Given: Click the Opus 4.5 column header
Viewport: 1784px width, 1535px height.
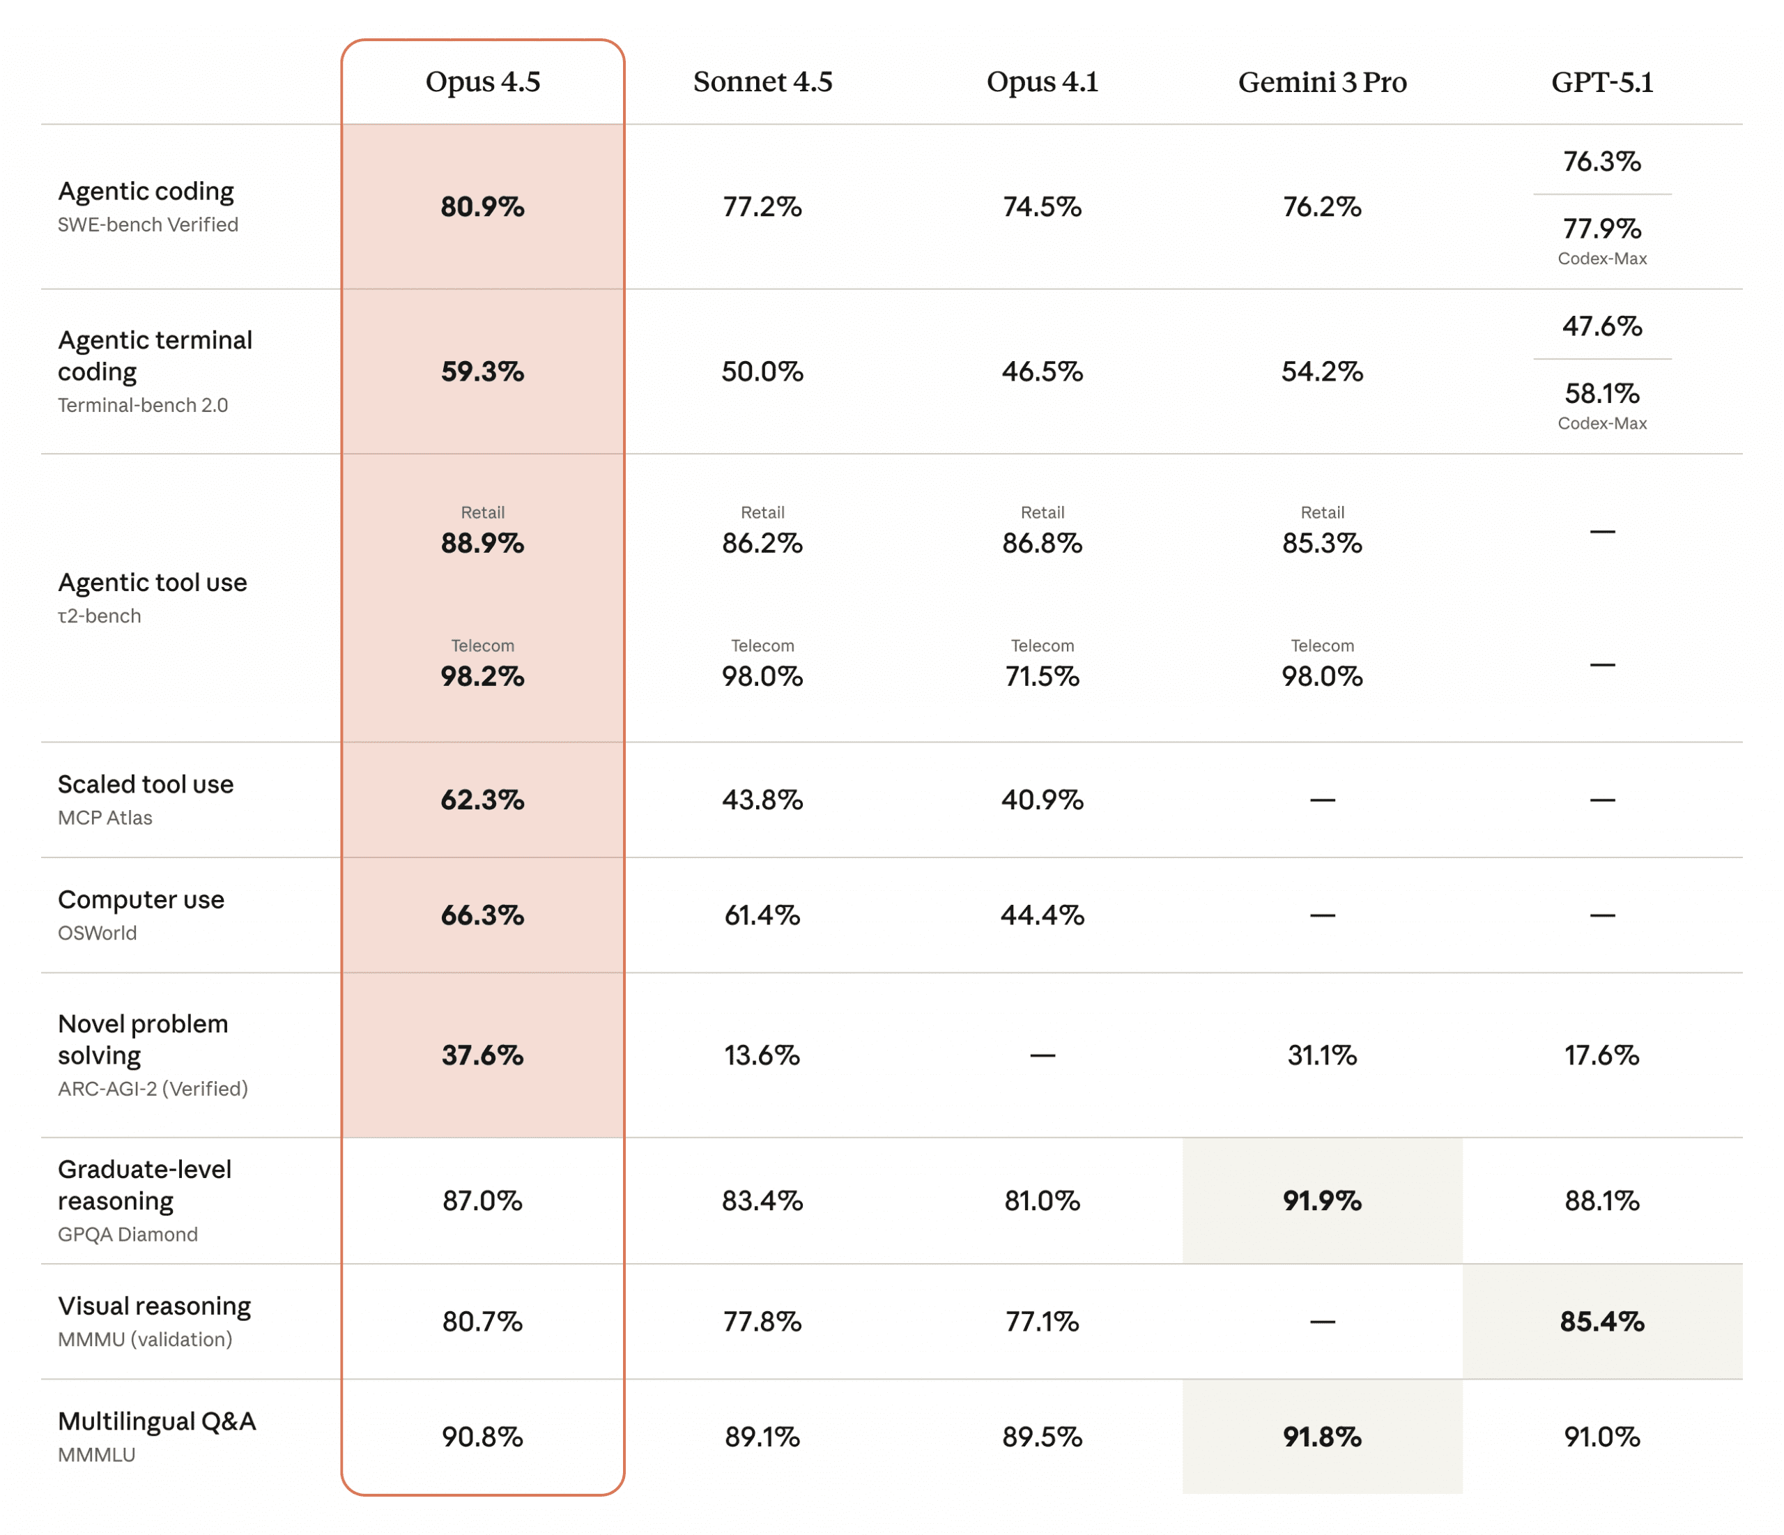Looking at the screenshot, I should (482, 82).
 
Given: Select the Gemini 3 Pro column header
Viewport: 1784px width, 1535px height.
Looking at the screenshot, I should (1322, 82).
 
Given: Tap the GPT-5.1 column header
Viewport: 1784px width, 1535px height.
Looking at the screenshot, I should (1601, 82).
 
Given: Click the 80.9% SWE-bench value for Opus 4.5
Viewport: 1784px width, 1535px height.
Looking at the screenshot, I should (482, 207).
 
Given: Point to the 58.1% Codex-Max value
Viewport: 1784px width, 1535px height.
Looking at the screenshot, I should (1601, 394).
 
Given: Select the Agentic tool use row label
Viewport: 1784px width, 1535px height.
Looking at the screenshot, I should (153, 583).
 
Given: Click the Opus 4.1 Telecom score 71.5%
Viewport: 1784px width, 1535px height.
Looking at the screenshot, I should (1042, 676).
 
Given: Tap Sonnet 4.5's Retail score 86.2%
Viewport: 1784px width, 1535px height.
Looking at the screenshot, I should (762, 544).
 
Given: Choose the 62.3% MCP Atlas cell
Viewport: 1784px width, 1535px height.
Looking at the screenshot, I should (482, 800).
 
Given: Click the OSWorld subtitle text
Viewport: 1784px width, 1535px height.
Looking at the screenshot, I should (98, 933).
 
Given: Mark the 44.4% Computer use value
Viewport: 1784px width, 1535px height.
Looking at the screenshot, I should (1042, 915).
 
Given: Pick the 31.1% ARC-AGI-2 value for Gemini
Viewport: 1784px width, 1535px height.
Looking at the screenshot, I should (1322, 1055).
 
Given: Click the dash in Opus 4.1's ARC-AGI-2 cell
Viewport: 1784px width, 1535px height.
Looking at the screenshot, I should (1042, 1056).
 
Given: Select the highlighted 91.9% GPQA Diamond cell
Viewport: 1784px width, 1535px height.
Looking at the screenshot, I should (1322, 1201).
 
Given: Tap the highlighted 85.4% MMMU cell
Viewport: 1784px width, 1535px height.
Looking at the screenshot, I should (1601, 1322).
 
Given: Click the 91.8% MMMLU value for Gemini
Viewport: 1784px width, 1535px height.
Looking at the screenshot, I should (1322, 1437).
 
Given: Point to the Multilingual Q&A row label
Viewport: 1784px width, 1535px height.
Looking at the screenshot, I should (157, 1421).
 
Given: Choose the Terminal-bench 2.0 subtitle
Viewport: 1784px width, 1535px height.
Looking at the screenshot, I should (143, 405).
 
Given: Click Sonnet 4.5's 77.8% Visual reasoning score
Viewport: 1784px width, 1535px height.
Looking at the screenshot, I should (762, 1322).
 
